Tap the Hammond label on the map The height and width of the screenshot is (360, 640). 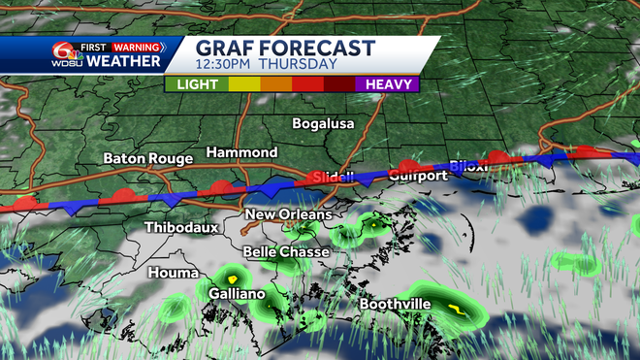[x=242, y=153]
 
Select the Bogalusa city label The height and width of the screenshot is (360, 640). [x=324, y=124]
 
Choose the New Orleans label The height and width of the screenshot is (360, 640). [x=288, y=214]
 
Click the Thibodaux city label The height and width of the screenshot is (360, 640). [x=181, y=228]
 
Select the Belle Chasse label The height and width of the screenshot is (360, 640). [x=286, y=252]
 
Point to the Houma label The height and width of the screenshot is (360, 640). [x=173, y=274]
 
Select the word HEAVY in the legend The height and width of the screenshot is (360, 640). [x=390, y=84]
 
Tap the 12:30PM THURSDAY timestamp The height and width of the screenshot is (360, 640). [x=267, y=65]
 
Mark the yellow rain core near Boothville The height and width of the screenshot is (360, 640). [x=454, y=311]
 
